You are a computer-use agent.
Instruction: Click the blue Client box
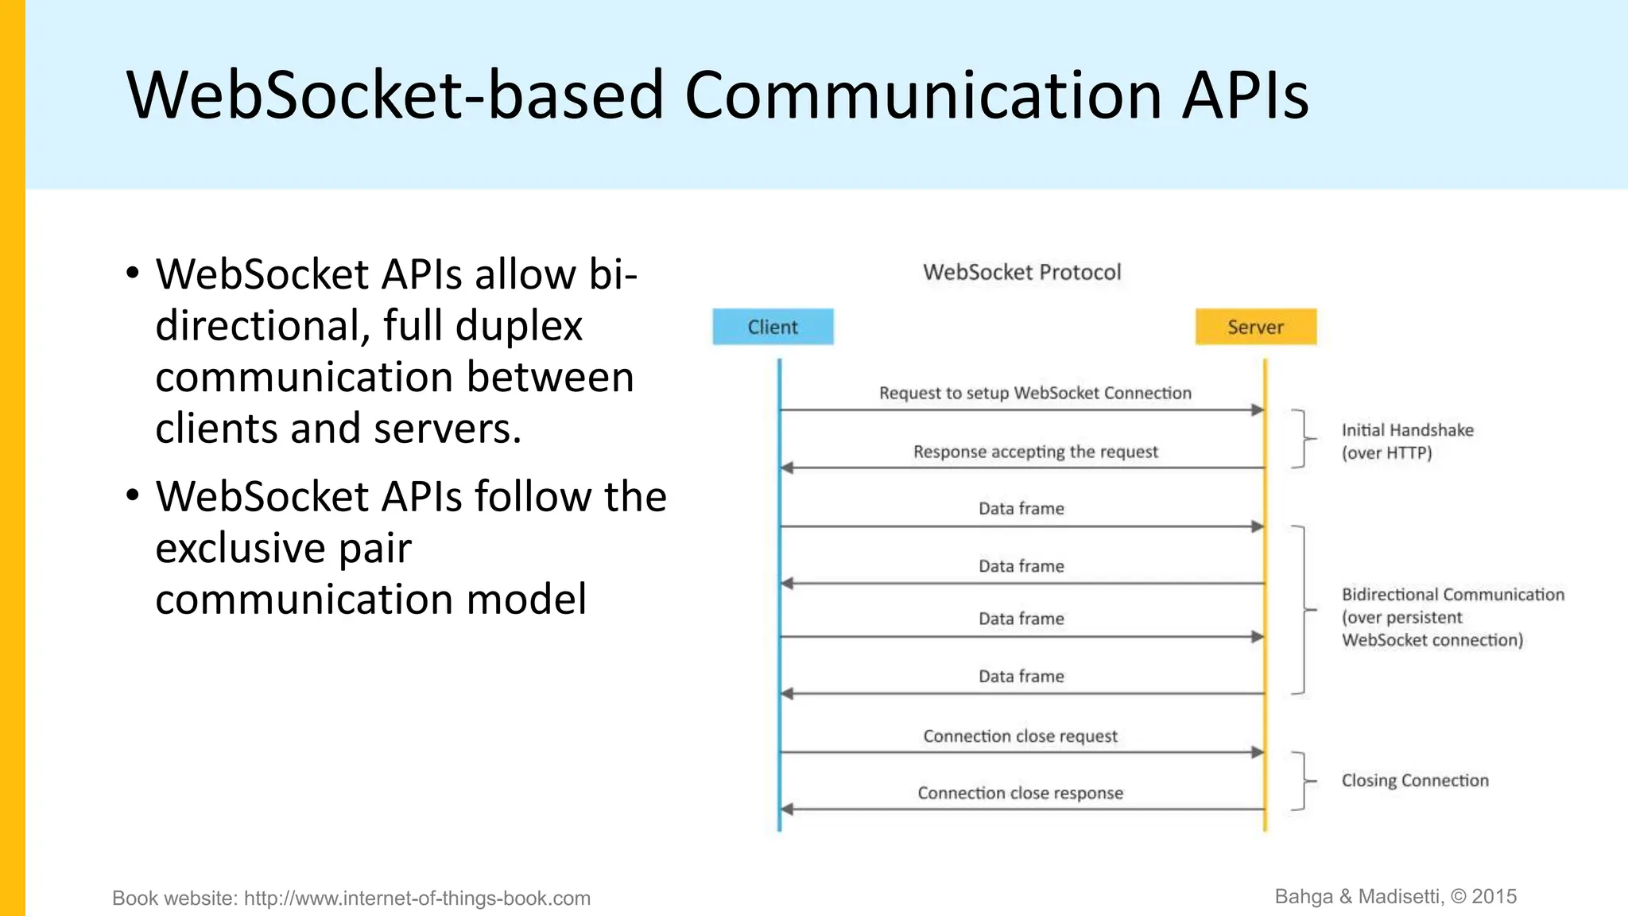coord(773,327)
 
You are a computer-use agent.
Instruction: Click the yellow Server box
coord(1255,327)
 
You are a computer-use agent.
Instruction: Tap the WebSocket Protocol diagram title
coord(1021,272)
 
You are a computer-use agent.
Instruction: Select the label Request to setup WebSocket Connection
coord(1035,393)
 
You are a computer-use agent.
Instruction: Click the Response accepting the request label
coord(1035,452)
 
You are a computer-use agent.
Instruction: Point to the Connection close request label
coord(1020,736)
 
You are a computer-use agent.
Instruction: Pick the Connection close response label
coord(1020,793)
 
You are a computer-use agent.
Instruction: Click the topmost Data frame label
coord(1021,509)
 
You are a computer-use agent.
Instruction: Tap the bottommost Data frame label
coord(1021,677)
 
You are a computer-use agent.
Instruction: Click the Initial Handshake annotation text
coord(1407,441)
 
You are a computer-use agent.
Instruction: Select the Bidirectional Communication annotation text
coord(1452,617)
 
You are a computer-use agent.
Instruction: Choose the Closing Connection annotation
coord(1414,781)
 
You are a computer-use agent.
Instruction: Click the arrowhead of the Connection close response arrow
coord(787,809)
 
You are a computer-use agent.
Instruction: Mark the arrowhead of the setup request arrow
coord(1258,410)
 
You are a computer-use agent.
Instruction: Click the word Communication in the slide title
coord(923,95)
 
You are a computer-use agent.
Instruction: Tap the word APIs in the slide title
coord(1244,95)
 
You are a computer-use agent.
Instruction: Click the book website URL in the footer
coord(417,899)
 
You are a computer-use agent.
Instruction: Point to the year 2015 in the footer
coord(1494,897)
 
